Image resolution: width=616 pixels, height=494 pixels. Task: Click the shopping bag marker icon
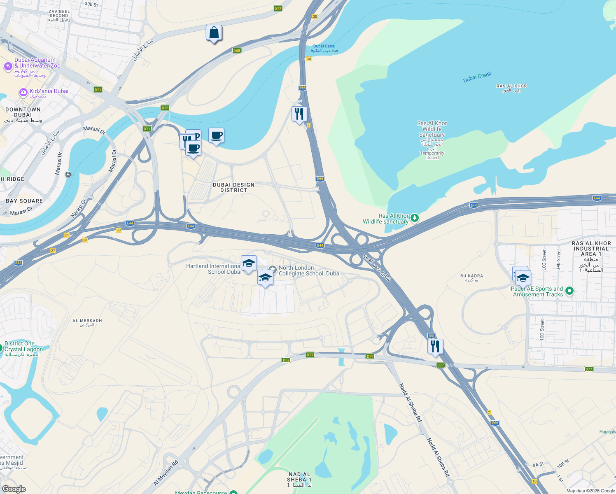pos(214,33)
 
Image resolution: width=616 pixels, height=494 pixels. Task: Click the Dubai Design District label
pos(233,188)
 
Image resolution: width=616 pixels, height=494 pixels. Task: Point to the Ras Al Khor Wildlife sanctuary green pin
pos(415,218)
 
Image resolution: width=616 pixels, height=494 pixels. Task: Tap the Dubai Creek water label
pos(477,77)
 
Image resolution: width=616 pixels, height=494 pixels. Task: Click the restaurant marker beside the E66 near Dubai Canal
pos(299,114)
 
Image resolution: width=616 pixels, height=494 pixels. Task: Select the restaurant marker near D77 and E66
pos(435,347)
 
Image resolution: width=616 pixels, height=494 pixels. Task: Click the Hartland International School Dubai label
pos(214,269)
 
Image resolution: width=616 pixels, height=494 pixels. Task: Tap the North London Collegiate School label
pos(309,270)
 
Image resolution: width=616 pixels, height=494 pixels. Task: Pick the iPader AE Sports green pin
pos(569,291)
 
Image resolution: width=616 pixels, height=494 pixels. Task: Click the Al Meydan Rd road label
pos(166,473)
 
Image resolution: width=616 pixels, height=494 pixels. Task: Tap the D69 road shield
pos(286,360)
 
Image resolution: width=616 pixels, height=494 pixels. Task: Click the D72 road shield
pos(278,8)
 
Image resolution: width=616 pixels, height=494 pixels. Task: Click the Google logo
pos(14,489)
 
